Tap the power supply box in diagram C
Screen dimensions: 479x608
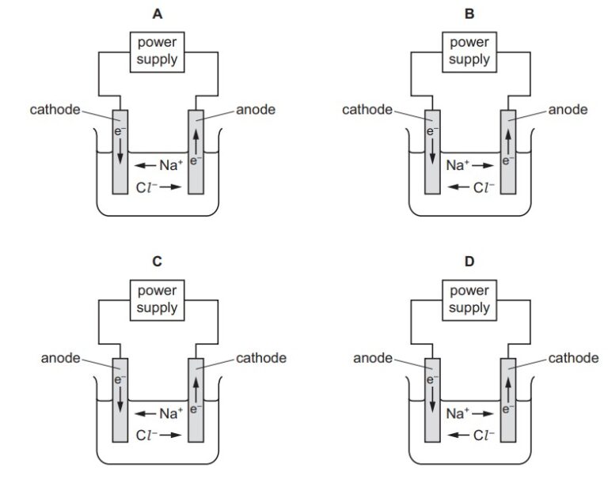(157, 300)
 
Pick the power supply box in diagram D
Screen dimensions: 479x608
(469, 300)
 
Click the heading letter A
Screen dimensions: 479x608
(157, 13)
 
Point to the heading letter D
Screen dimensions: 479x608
(469, 262)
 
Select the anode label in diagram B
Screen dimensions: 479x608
(568, 109)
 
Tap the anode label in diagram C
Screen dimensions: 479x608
(60, 358)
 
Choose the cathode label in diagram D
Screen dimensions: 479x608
(573, 358)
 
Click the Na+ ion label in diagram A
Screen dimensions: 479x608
(171, 166)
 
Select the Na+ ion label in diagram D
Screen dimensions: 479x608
(458, 413)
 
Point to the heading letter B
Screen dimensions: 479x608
(469, 13)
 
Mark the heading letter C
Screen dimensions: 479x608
(157, 262)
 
